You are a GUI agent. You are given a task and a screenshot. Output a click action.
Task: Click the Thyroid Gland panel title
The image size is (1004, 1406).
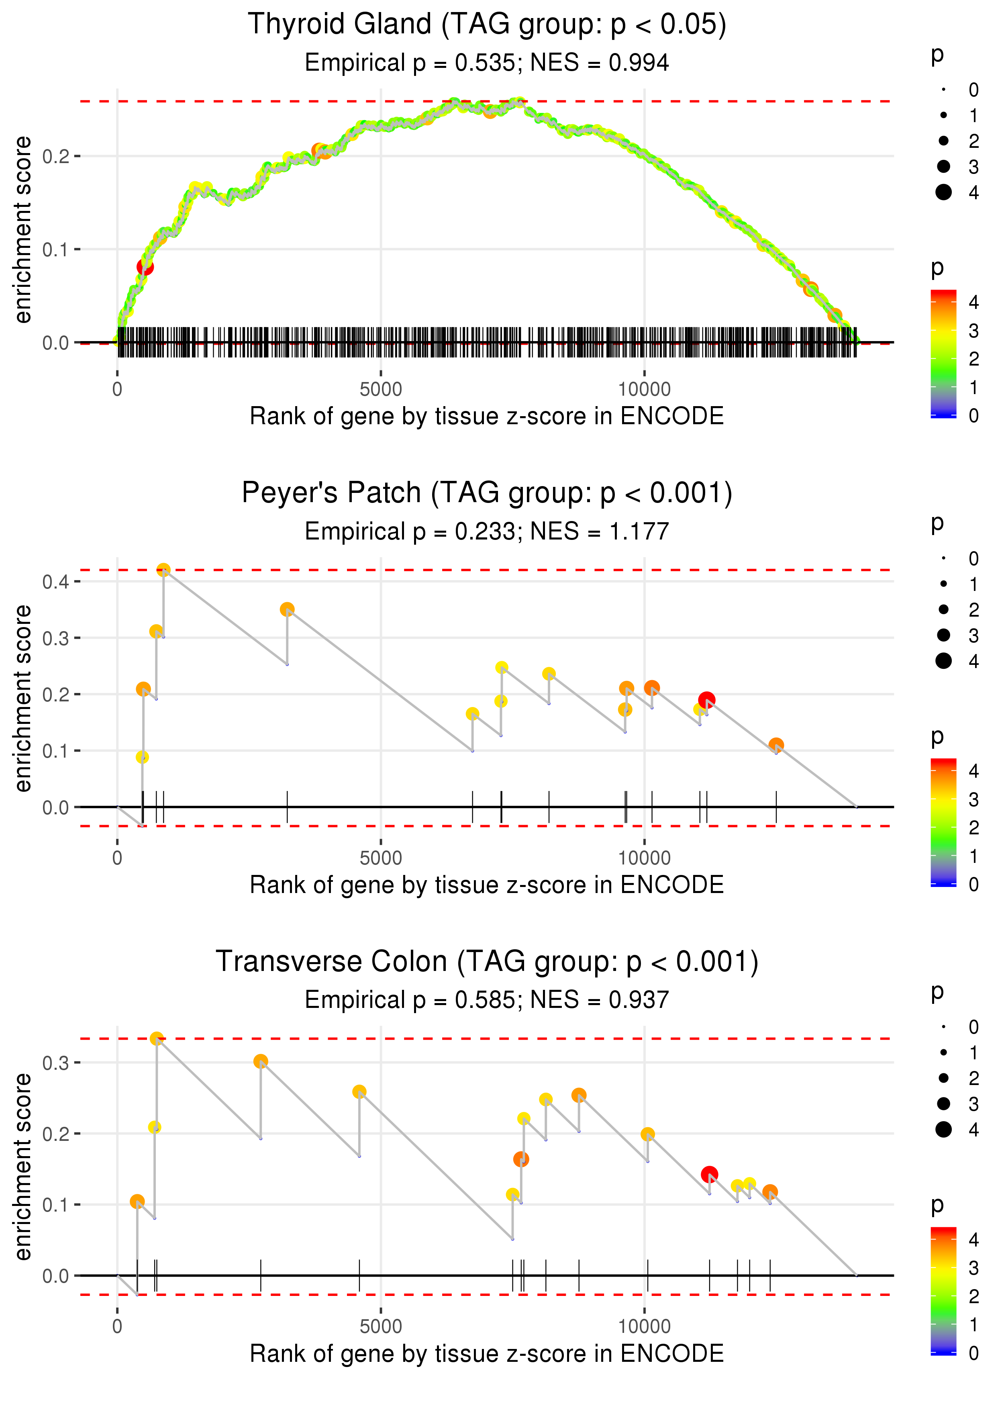pyautogui.click(x=487, y=25)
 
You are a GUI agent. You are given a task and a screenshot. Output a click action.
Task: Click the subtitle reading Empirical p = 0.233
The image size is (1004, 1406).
pyautogui.click(x=487, y=531)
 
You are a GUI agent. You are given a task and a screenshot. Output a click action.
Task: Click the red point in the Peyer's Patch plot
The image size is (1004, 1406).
pyautogui.click(x=707, y=700)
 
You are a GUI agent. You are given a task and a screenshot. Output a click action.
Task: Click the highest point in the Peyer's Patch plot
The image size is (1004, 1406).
pyautogui.click(x=163, y=570)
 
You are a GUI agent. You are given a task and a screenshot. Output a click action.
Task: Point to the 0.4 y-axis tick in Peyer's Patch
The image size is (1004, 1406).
pyautogui.click(x=56, y=582)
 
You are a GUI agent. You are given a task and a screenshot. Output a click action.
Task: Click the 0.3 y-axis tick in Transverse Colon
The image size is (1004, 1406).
pyautogui.click(x=56, y=1063)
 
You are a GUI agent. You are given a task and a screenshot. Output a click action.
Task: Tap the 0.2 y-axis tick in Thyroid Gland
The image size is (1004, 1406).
pyautogui.click(x=56, y=156)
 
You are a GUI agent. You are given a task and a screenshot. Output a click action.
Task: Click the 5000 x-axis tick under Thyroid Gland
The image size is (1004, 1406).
pyautogui.click(x=381, y=390)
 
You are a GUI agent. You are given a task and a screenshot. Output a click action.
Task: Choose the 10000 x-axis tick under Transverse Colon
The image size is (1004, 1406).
pyautogui.click(x=644, y=1327)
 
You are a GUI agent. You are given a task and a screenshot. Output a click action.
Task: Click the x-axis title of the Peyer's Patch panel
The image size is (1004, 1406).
pyautogui.click(x=487, y=885)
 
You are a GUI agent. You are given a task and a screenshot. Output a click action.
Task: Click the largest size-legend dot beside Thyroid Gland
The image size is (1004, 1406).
pyautogui.click(x=943, y=192)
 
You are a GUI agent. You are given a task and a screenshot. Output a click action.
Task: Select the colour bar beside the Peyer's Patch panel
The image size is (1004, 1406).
pyautogui.click(x=943, y=822)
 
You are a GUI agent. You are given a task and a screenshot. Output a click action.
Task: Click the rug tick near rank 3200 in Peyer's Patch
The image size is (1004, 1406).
pyautogui.click(x=287, y=807)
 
